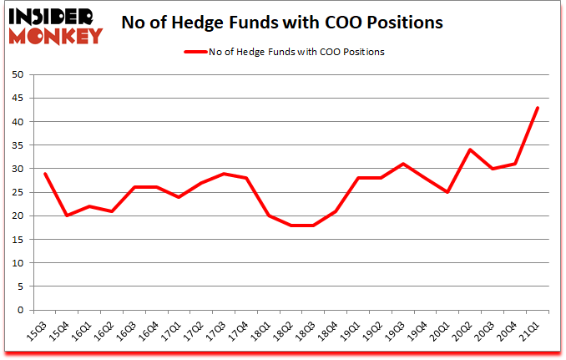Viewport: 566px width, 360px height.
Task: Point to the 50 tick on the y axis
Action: click(x=16, y=74)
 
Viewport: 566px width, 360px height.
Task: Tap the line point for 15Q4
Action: click(x=66, y=215)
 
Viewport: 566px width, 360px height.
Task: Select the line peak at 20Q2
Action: click(x=471, y=150)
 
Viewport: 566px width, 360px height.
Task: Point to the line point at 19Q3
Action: click(x=403, y=164)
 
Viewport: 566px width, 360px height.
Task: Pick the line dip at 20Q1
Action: click(x=448, y=192)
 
